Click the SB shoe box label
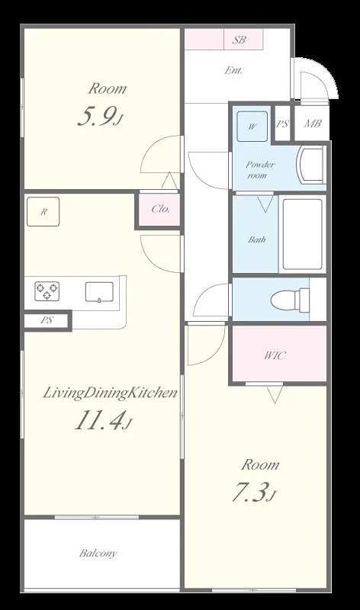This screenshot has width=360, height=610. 239,40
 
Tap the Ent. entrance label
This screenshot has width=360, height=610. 233,70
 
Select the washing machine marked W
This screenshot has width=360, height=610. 252,127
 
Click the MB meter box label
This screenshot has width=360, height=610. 313,124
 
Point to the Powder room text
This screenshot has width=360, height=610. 260,169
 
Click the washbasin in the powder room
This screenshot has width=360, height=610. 310,165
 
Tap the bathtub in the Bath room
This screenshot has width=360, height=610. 302,234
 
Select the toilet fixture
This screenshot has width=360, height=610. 290,299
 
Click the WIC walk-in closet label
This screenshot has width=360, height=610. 275,355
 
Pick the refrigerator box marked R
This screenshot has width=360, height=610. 43,212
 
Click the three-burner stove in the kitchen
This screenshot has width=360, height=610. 47,291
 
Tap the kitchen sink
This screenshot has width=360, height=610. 99,292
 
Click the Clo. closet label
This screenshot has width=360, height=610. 160,209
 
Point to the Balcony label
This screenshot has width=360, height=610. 98,554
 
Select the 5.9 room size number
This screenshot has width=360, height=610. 97,117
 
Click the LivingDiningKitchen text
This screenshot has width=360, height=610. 110,393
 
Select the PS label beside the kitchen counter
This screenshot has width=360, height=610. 47,320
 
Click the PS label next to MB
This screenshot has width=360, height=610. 282,124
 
